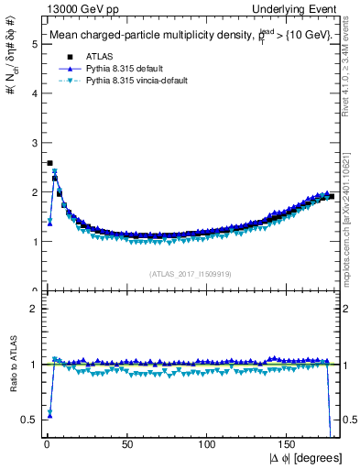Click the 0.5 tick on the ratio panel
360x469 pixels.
[x=28, y=419]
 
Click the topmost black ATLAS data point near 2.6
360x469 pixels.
[x=49, y=163]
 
